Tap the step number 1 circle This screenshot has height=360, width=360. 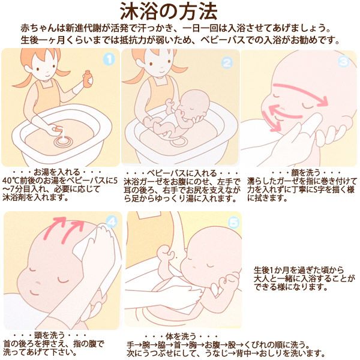pyautogui.click(x=109, y=59)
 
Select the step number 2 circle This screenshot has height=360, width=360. pyautogui.click(x=227, y=62)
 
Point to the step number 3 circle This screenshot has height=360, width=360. pyautogui.click(x=344, y=61)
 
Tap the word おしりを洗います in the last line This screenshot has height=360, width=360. pyautogui.click(x=296, y=353)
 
